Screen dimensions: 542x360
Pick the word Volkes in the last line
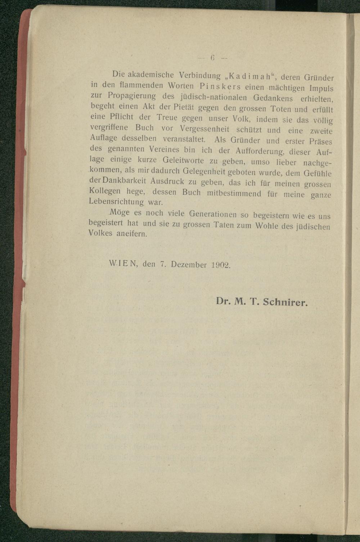[x=100, y=233]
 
